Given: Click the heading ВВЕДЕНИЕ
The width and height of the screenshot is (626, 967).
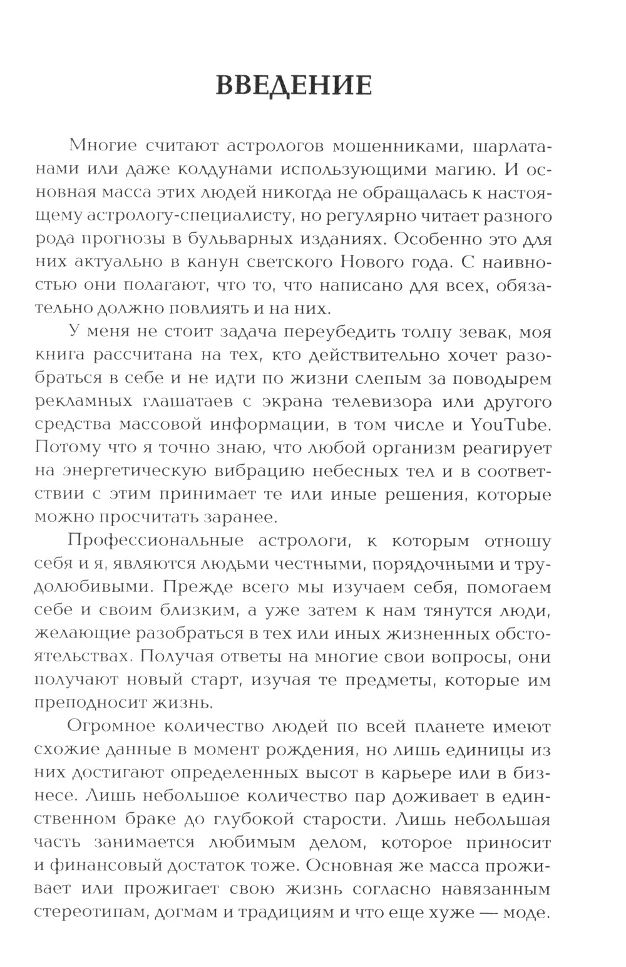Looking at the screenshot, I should (x=294, y=85).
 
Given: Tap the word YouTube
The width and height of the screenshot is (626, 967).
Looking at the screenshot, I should (x=510, y=425).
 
